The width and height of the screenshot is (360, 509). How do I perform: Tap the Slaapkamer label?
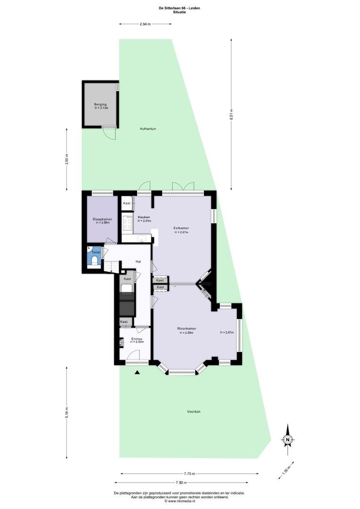102,219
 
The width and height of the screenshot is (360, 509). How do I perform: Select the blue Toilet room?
94,257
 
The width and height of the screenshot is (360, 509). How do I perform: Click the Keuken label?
143,217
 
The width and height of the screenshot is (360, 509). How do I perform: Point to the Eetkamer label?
181,228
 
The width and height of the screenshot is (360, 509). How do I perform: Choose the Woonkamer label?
187,328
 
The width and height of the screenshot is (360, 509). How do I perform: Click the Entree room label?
137,339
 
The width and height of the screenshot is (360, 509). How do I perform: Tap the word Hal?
138,262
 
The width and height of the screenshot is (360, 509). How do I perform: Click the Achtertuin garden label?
148,129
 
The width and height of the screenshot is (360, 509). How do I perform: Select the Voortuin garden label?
194,411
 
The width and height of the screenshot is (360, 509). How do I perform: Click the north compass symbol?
287,440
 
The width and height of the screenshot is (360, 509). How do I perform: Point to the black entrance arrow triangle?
137,372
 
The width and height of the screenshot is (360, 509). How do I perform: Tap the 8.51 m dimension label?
231,114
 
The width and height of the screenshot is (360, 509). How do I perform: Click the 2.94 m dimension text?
145,24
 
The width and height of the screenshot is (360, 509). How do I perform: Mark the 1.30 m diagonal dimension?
286,470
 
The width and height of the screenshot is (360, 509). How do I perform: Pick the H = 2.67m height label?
227,332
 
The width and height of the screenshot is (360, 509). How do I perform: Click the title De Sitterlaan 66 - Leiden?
179,8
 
